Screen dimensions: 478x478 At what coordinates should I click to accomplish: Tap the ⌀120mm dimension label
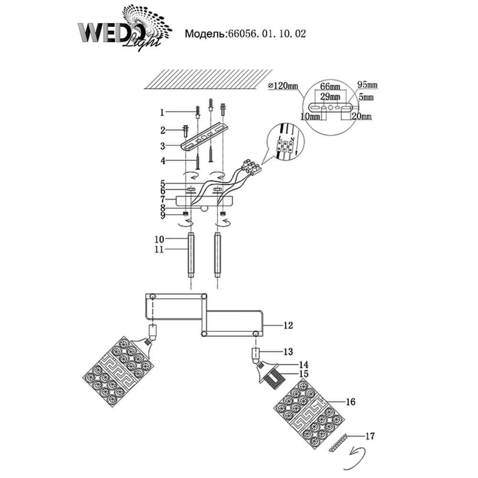[x=283, y=86]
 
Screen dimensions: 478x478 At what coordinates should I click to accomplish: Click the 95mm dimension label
[x=368, y=85]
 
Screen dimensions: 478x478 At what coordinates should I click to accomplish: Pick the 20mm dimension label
[x=361, y=116]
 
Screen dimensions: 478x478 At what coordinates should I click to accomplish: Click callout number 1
[x=162, y=113]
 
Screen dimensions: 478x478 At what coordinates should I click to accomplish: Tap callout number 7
[x=162, y=198]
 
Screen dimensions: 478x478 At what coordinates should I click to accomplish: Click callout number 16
[x=351, y=402]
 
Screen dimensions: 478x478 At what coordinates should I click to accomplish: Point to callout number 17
[x=370, y=435]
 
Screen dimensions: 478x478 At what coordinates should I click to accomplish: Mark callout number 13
[x=288, y=352]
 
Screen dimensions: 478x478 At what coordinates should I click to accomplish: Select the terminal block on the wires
[x=252, y=167]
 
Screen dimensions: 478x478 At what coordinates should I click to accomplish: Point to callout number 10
[x=160, y=239]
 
